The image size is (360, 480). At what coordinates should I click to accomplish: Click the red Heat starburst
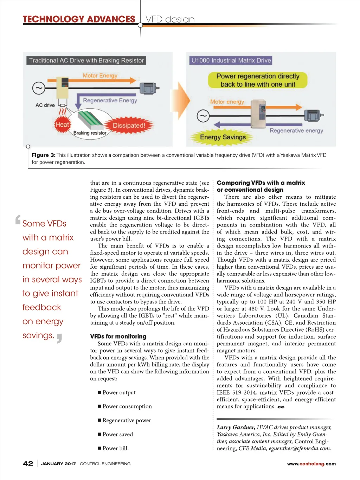[63, 124]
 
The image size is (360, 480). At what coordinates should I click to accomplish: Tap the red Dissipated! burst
[129, 126]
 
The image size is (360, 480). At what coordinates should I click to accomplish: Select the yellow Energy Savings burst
[223, 137]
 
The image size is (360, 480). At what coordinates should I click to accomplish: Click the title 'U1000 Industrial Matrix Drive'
[231, 60]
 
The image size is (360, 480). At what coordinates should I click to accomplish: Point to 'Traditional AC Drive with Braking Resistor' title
[86, 60]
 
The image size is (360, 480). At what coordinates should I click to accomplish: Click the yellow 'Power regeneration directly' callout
[258, 80]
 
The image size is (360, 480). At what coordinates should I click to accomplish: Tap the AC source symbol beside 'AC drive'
[39, 88]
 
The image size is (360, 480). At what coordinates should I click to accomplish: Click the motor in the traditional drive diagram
[149, 88]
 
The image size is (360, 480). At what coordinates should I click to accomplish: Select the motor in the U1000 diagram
[313, 115]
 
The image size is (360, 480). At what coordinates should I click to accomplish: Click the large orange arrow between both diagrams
[184, 100]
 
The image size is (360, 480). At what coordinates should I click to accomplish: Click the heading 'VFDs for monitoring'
[118, 337]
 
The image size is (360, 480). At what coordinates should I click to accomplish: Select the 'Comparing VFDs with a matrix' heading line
[261, 183]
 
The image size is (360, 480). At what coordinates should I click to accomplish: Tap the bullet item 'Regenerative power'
[127, 420]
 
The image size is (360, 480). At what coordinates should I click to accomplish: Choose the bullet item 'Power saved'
[117, 434]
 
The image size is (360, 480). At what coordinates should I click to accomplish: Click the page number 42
[28, 463]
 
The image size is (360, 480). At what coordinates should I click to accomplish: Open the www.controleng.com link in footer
[311, 464]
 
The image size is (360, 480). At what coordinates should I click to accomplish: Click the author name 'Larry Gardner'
[236, 427]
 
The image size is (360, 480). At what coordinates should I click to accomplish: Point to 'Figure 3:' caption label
[43, 155]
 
